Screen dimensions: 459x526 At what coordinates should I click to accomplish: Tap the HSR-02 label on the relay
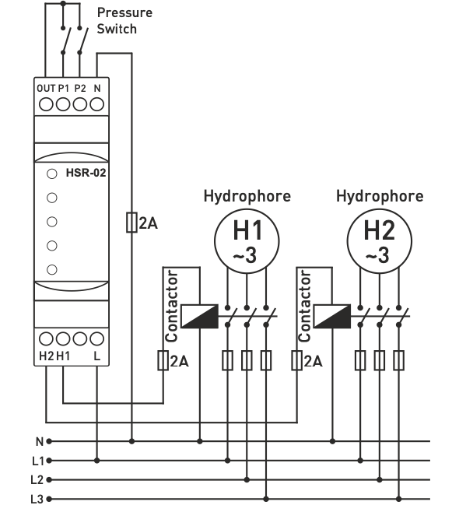pos(86,173)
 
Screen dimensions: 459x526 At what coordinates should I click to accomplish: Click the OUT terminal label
pos(46,88)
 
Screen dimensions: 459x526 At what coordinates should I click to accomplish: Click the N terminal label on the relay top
pos(97,88)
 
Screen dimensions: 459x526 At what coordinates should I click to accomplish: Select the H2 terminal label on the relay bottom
pos(46,356)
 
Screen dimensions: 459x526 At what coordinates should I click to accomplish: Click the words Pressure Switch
pos(124,21)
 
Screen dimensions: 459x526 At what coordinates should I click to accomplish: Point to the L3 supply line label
pos(37,500)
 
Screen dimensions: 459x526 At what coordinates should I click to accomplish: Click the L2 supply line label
pos(37,480)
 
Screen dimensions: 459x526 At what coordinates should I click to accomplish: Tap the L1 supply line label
pos(38,461)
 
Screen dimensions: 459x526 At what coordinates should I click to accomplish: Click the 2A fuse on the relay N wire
pos(131,222)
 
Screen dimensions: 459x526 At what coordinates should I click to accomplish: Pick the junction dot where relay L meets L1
pos(97,461)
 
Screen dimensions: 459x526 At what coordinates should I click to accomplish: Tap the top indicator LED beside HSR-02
pos(52,174)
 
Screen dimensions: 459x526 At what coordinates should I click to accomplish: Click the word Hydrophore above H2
pos(380,196)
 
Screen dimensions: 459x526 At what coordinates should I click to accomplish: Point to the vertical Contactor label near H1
pos(171,306)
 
